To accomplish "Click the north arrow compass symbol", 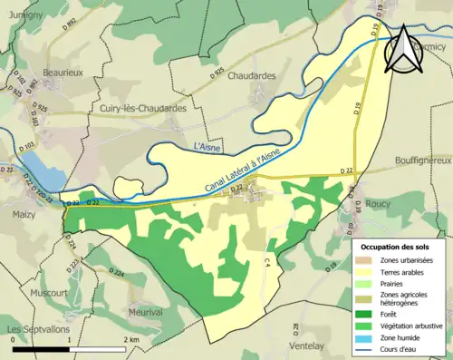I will tap(403, 50).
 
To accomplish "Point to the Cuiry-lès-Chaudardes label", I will tap(144, 108).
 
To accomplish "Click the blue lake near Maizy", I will tap(39, 169).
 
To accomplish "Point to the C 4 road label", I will tap(268, 262).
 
